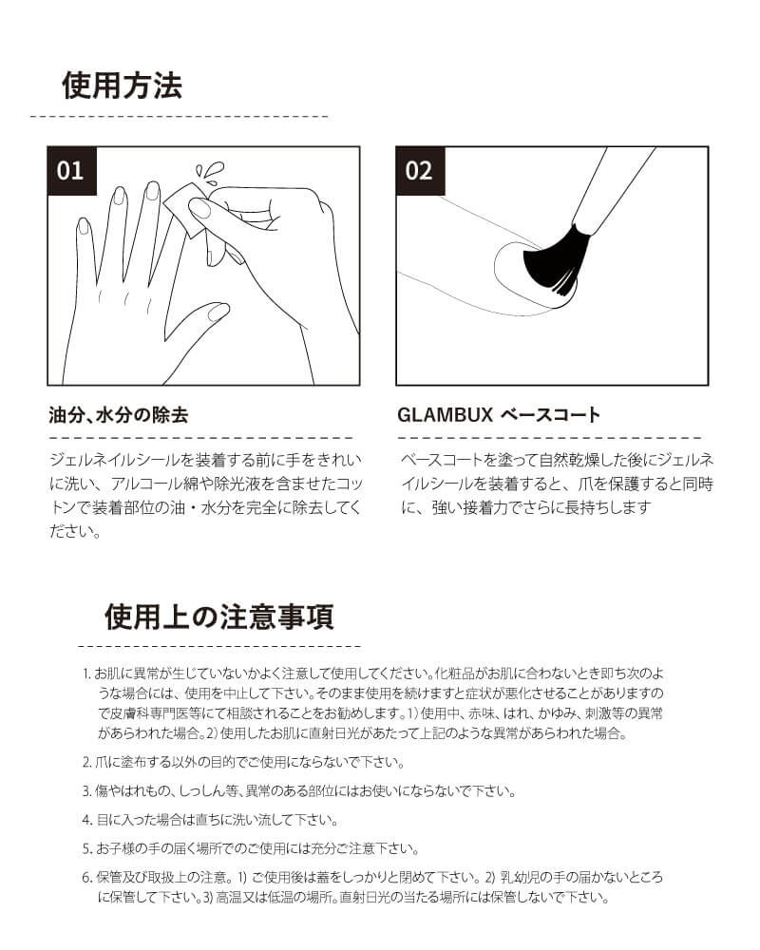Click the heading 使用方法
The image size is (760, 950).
(121, 85)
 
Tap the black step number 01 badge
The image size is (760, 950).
(71, 171)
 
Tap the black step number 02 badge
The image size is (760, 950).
(419, 171)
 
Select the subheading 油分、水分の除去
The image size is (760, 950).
(119, 415)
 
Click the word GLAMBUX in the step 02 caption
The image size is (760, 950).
(443, 415)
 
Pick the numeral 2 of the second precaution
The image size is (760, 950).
(86, 762)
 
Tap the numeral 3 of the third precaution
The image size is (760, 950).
(86, 790)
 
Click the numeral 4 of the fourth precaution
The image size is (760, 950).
(86, 819)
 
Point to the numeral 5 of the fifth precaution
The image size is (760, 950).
(86, 848)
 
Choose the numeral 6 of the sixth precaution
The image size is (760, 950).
(86, 878)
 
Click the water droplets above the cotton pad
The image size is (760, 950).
(214, 172)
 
